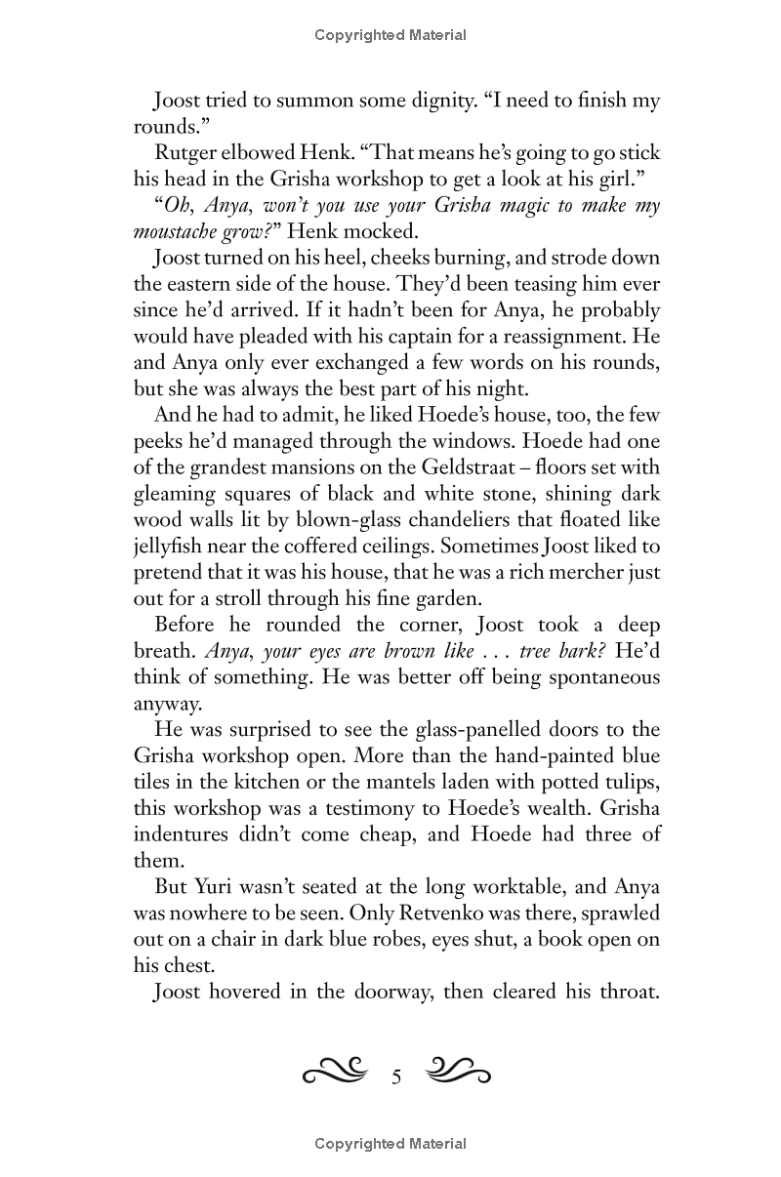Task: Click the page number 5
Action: tap(396, 1077)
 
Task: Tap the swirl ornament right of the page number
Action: tap(458, 1074)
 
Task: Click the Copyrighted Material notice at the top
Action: tap(390, 35)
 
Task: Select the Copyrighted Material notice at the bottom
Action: tap(390, 1144)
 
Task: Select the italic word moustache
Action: tap(177, 232)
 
